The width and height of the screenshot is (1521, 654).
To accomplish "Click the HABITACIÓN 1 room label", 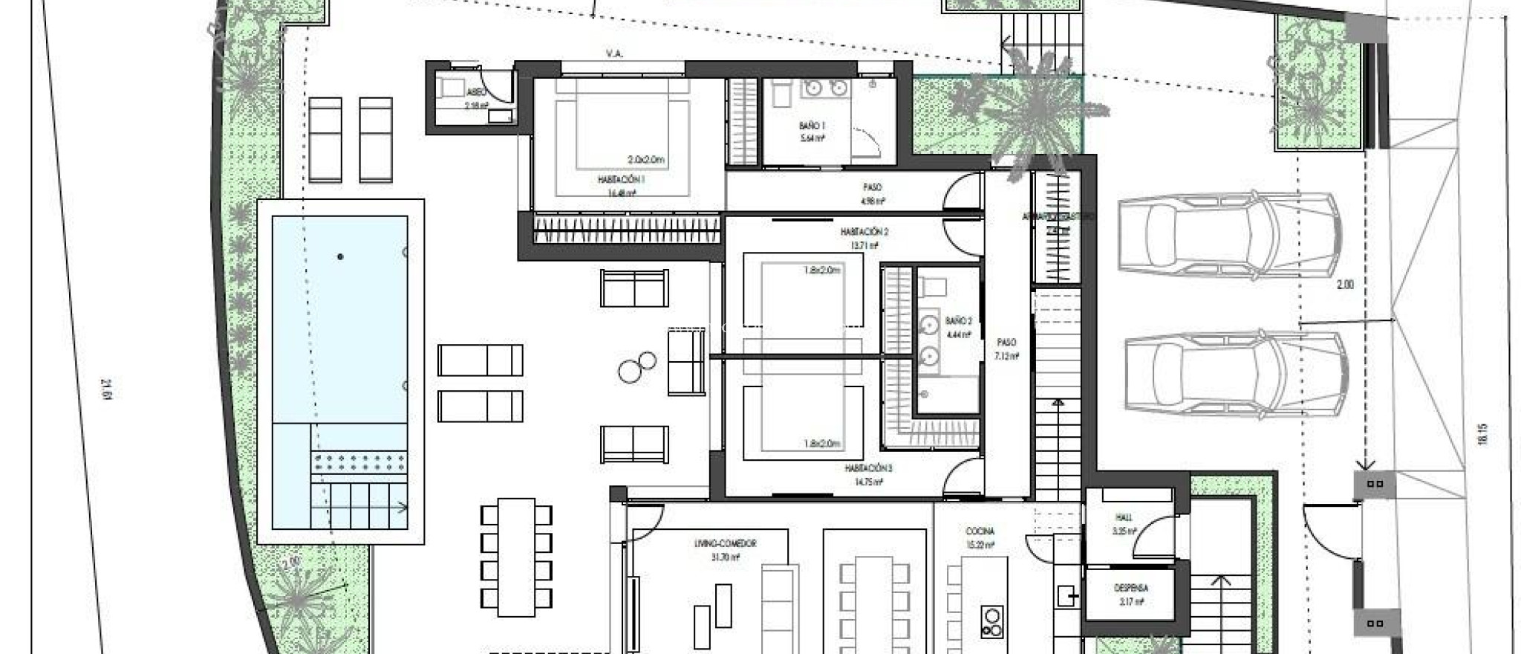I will (x=621, y=180).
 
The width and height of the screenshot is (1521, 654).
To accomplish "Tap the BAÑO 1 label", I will (x=813, y=126).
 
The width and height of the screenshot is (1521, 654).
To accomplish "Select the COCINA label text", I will (x=980, y=532).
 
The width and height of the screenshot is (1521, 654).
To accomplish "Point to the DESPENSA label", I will (x=1130, y=588).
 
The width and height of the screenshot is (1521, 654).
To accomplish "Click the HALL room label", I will (x=1122, y=518).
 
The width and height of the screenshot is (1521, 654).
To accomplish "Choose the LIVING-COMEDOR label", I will (x=731, y=544).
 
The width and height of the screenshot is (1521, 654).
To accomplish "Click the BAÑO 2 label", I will (x=958, y=321).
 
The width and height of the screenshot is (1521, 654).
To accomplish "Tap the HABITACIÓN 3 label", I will (x=868, y=469).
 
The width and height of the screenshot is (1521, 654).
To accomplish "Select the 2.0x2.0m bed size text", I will (x=645, y=160).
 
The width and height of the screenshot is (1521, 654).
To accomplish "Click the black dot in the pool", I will (x=340, y=257).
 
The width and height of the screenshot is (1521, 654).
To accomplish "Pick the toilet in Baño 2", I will (x=930, y=285).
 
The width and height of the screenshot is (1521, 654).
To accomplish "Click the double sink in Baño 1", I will (x=824, y=88).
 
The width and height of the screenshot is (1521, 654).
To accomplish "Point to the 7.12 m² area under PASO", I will (x=1006, y=356).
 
